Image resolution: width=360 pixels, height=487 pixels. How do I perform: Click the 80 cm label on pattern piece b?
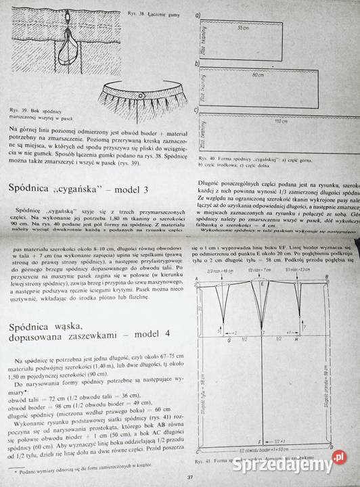pos(257,75)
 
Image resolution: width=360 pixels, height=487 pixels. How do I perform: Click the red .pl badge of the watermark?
pos(339,461)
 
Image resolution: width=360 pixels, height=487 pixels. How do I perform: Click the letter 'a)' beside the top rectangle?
pos(197,14)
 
